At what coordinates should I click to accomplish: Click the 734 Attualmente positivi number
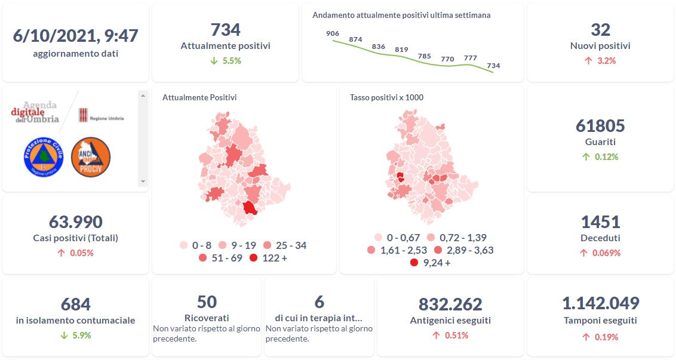pos(225,29)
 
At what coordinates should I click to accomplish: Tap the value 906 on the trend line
pos(333,33)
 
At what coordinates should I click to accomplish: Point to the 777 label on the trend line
pos(470,58)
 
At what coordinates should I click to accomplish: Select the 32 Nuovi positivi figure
pos(600,29)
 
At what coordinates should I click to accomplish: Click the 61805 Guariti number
pos(600,126)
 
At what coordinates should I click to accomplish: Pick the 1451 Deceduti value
pos(600,222)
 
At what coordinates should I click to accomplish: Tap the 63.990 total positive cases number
pos(75,222)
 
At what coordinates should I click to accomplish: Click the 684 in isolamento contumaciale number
pos(75,304)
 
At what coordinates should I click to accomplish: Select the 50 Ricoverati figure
pos(207,301)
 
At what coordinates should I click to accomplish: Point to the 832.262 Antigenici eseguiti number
pos(450,304)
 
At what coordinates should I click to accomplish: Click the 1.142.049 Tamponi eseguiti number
pos(600,303)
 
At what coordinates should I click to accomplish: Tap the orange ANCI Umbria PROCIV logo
pos(90,156)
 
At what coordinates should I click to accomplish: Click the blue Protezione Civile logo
pos(43,156)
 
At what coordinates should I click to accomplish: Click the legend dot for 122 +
pos(253,258)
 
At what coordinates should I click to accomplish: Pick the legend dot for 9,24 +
pos(414,262)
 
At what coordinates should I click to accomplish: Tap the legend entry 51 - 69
pos(220,258)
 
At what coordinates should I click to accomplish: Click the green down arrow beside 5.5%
pos(213,61)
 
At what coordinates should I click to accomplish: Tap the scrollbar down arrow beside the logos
pos(142,181)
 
